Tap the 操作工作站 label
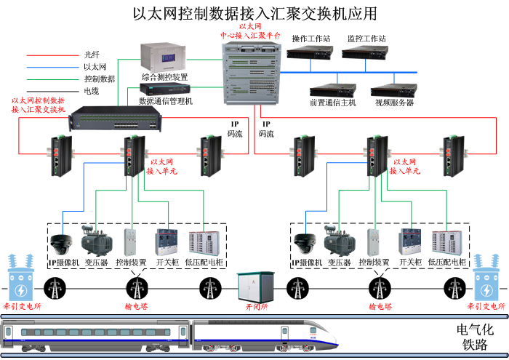click(x=310, y=39)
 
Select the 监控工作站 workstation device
click(x=364, y=53)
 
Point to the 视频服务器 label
click(x=394, y=103)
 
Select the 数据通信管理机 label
click(x=165, y=101)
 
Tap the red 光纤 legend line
click(x=49, y=55)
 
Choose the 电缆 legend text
click(x=91, y=91)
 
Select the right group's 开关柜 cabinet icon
click(x=411, y=241)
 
